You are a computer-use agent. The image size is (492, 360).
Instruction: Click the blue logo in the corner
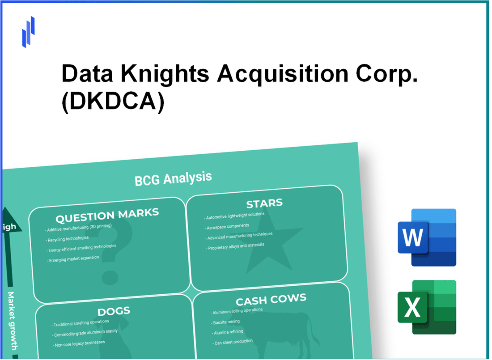click(x=28, y=32)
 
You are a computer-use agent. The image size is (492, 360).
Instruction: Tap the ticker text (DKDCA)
click(x=113, y=102)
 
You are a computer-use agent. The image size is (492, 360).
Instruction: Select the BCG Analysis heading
click(x=173, y=178)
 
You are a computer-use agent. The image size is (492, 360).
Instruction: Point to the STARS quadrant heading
click(x=264, y=203)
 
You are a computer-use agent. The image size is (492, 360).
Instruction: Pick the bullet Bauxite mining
click(x=226, y=322)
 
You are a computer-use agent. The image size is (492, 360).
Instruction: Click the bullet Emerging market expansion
click(x=74, y=259)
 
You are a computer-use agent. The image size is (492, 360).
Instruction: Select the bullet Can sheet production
click(x=233, y=342)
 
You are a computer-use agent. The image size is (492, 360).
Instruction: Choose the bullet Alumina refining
click(x=229, y=331)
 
